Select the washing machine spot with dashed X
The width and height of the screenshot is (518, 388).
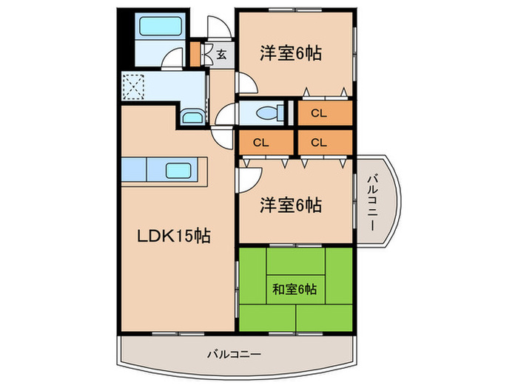(x=134, y=87)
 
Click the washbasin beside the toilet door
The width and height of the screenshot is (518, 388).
(x=190, y=117)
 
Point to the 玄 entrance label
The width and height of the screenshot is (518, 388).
(x=221, y=53)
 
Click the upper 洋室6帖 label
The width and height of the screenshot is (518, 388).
(x=289, y=53)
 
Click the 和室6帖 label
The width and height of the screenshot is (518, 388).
(x=295, y=289)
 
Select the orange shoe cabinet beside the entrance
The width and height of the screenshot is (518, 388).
(x=196, y=54)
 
